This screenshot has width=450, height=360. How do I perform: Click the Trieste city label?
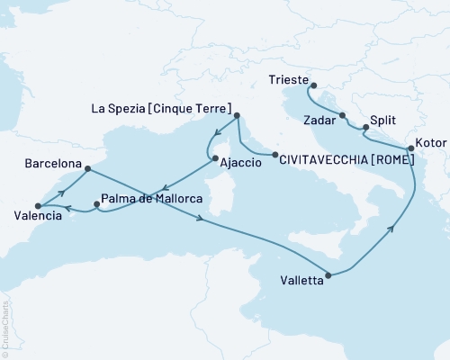[x=288, y=80]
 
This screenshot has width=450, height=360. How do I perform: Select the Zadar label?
[x=319, y=119]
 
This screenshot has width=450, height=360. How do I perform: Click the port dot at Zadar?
[x=343, y=115]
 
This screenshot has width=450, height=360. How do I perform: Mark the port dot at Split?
[x=364, y=128]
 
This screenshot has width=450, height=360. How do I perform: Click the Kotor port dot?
[x=411, y=148]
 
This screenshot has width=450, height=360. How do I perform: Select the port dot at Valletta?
[x=328, y=274]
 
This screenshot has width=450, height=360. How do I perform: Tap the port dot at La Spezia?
[x=237, y=116]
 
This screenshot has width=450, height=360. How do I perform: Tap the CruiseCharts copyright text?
[x=6, y=324]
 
